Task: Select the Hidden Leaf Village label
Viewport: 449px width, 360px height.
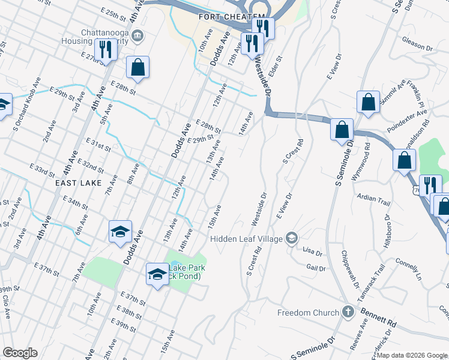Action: (247, 239)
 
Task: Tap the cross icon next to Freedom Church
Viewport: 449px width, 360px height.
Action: (347, 312)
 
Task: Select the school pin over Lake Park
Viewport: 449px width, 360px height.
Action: (157, 274)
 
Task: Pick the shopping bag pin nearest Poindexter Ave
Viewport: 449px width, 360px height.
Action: (368, 102)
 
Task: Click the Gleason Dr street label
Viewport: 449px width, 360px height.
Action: (417, 47)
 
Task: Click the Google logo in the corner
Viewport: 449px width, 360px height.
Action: (20, 353)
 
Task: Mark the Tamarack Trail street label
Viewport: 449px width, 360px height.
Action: (375, 282)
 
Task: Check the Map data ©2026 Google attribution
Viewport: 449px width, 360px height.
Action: (412, 355)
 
